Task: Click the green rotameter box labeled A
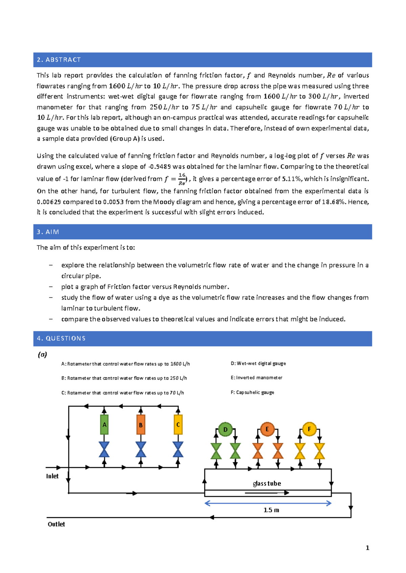104,425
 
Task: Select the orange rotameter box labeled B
141,425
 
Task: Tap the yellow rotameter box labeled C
178,425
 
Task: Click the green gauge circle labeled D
225,429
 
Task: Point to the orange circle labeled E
267,429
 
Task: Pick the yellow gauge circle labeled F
309,429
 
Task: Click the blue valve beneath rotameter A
104,449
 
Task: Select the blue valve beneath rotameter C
178,449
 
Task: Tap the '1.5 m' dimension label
271,510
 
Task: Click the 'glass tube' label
267,483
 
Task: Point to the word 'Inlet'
52,476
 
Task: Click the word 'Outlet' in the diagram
56,524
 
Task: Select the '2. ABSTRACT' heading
59,60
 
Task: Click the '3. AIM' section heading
48,232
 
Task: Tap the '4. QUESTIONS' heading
61,338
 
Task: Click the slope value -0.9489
160,167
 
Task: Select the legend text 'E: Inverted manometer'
256,378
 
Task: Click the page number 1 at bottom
367,548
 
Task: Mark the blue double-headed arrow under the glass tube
268,503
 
